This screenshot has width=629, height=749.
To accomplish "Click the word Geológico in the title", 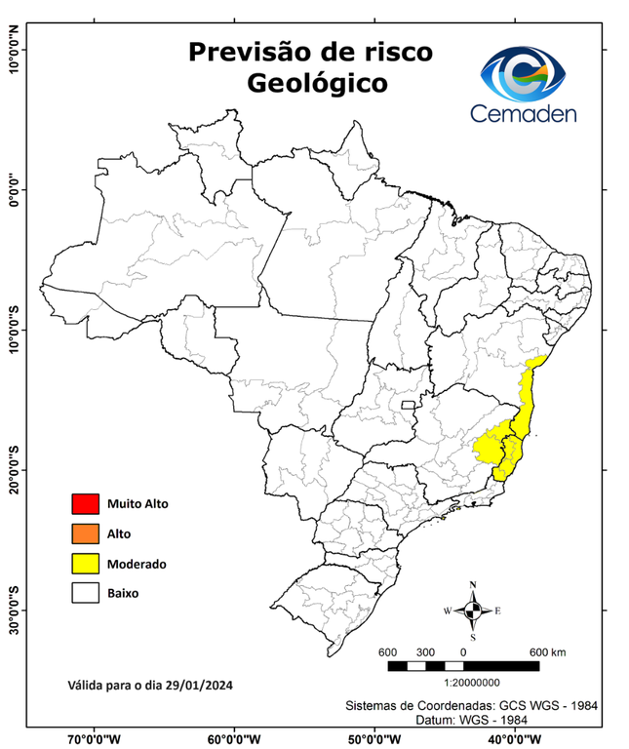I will [x=317, y=84].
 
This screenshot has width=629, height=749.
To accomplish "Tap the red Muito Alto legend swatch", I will [x=85, y=504].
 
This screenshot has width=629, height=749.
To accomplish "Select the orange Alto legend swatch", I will [x=85, y=533].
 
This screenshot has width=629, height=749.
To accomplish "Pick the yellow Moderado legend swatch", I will [x=85, y=564].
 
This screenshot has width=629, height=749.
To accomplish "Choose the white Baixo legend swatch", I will [x=85, y=593].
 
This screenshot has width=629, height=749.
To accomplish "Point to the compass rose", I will [x=473, y=611].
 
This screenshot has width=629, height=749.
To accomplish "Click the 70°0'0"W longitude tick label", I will [x=95, y=738].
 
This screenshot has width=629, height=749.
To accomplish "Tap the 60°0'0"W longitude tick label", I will [x=234, y=738].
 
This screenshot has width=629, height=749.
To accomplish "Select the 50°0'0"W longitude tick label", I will [x=374, y=738].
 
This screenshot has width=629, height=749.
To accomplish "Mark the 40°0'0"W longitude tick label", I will [x=514, y=738].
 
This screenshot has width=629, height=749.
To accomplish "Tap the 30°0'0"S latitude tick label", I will [x=15, y=611].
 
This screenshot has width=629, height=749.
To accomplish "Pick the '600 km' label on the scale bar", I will [x=547, y=651].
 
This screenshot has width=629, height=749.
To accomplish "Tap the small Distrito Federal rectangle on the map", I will [x=408, y=404].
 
